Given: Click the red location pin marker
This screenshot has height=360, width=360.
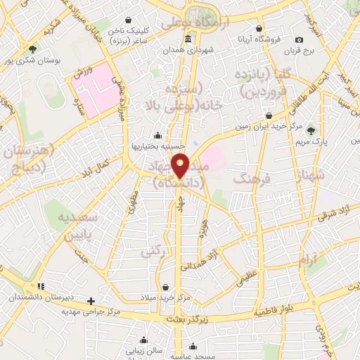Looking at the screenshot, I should [181, 165].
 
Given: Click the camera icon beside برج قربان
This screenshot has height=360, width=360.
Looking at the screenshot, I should [300, 39].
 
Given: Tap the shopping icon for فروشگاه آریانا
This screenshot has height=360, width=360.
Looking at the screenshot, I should [259, 29].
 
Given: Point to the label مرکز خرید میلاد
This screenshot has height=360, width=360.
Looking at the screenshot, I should [165, 297].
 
